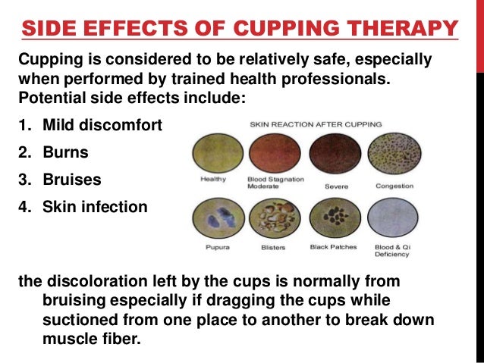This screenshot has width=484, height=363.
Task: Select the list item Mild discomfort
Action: [102, 124]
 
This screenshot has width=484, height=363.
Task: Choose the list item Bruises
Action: [71, 180]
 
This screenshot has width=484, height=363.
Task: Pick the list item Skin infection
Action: [95, 207]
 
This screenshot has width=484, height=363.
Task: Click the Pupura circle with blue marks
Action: [212, 219]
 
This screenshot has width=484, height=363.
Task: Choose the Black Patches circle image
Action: [333, 219]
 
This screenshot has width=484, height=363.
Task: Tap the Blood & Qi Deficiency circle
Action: [394, 219]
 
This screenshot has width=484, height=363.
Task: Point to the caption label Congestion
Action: [394, 186]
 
